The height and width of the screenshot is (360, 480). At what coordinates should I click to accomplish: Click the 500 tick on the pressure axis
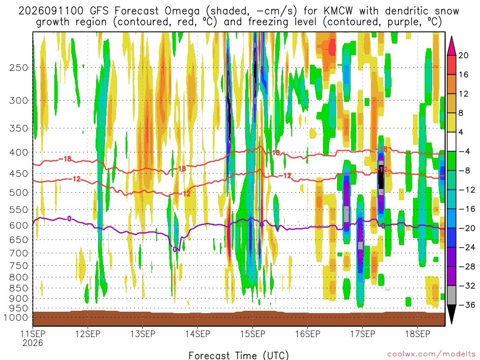click(19, 193)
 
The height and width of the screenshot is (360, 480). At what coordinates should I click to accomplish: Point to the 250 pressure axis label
click(19, 67)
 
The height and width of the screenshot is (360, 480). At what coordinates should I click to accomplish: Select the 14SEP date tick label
click(197, 334)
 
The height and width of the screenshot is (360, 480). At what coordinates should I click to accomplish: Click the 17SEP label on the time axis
click(363, 334)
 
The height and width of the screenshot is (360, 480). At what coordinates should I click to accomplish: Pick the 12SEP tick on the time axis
click(88, 334)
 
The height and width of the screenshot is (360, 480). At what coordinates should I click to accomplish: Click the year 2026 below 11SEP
click(33, 343)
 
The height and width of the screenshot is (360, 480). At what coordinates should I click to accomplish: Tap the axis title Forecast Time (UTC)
click(239, 355)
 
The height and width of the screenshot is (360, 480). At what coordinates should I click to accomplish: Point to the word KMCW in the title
click(338, 11)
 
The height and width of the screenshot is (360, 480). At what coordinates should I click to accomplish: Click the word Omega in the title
click(182, 11)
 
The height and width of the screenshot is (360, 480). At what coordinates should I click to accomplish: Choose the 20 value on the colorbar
click(463, 55)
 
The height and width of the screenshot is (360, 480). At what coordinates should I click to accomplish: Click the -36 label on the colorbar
click(466, 305)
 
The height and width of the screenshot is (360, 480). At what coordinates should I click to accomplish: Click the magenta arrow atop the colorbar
click(451, 46)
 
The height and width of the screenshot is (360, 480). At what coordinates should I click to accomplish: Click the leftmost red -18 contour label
click(65, 159)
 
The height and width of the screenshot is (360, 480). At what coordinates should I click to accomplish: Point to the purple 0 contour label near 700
click(175, 249)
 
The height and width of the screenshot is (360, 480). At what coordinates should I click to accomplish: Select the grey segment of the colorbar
click(451, 295)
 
